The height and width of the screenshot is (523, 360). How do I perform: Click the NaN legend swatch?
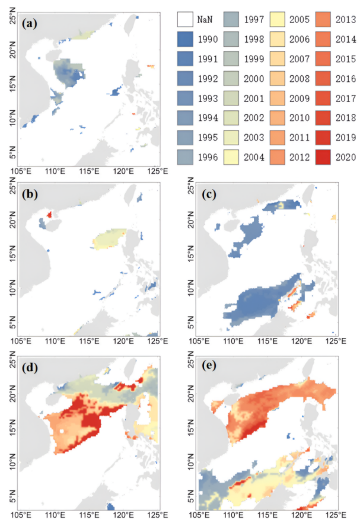[x=186, y=20]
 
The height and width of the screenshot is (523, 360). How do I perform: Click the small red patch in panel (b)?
[x=49, y=215]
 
